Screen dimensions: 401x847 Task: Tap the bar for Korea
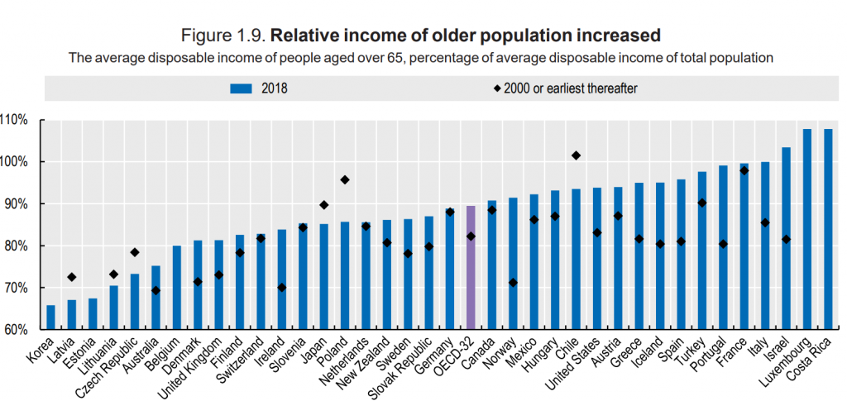click(50, 317)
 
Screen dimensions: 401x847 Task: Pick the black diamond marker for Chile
click(577, 155)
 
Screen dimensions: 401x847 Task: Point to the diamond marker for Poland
click(344, 179)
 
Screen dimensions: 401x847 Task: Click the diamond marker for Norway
click(513, 283)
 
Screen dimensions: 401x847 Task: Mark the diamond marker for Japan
click(323, 205)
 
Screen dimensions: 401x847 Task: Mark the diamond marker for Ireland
click(281, 287)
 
